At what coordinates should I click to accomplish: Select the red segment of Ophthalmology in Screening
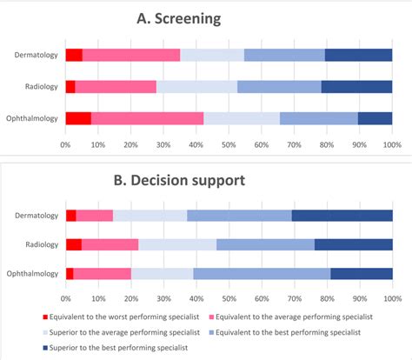point(78,118)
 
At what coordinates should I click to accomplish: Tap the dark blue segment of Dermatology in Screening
point(358,55)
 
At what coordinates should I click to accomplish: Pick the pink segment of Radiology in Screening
point(116,87)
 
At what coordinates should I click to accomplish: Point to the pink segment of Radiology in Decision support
point(110,244)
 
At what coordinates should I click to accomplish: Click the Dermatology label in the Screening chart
point(37,56)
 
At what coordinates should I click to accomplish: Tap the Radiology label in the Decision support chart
point(41,244)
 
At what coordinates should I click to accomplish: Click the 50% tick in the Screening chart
point(229,143)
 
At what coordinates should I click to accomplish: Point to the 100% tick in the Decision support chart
point(391,298)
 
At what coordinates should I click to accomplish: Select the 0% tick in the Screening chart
point(66,143)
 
